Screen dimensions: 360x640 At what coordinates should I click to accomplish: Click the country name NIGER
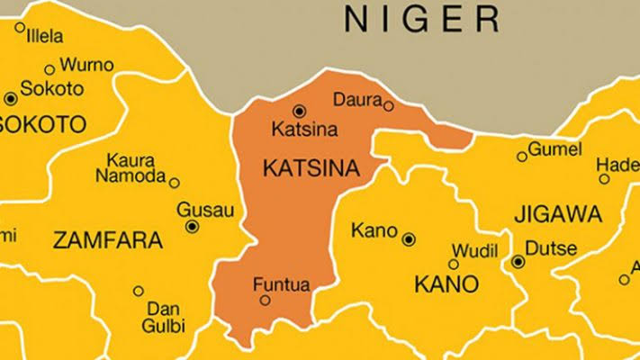tap(422, 17)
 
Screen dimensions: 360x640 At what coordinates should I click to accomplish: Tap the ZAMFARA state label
tap(108, 241)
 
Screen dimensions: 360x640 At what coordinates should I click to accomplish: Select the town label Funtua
tap(282, 284)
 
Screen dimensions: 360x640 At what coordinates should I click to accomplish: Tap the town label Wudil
tap(473, 248)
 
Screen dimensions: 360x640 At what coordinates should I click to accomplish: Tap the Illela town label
tap(46, 37)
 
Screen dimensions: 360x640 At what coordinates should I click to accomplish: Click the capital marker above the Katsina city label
tap(300, 111)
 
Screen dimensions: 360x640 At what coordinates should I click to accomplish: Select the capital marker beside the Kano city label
tap(409, 239)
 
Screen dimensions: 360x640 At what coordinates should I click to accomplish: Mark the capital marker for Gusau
tap(192, 227)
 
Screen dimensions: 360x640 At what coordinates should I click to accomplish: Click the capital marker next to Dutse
tap(518, 262)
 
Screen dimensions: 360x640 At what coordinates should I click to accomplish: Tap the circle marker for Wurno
tap(49, 68)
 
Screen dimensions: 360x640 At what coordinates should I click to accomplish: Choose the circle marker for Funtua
tap(265, 301)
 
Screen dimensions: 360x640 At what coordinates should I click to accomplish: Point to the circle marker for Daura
tap(388, 106)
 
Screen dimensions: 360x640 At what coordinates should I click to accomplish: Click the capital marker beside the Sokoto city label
tap(10, 98)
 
